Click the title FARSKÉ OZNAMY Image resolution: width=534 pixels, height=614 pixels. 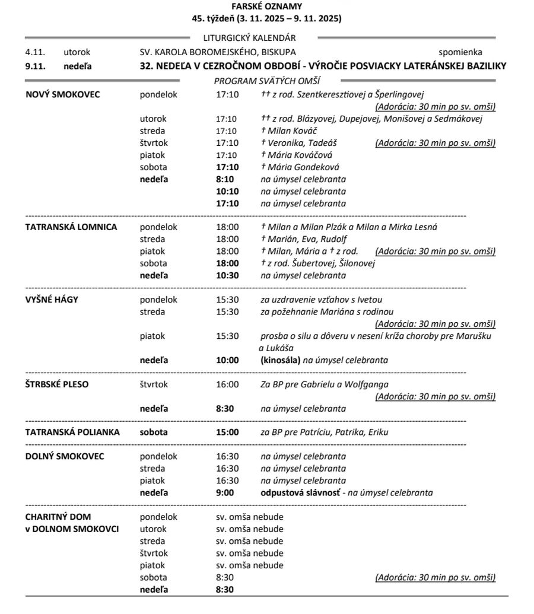click(266, 7)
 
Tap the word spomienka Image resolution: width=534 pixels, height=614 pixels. click(460, 52)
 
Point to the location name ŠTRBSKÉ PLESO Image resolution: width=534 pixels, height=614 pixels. click(57, 384)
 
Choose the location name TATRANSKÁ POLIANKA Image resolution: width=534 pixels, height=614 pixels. click(72, 432)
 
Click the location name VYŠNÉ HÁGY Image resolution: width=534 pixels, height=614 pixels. click(52, 300)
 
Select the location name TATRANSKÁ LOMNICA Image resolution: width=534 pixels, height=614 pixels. click(72, 227)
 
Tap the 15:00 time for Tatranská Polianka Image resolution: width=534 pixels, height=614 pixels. click(227, 432)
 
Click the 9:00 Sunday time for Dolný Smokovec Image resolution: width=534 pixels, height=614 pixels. click(225, 492)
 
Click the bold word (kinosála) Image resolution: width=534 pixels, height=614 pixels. click(280, 360)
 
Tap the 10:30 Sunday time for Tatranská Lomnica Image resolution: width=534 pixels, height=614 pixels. click(227, 275)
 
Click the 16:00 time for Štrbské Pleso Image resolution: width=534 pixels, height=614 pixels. click(227, 384)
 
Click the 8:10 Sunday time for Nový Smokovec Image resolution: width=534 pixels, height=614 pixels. click(225, 179)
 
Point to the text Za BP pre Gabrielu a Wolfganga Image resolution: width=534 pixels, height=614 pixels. click(329, 384)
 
